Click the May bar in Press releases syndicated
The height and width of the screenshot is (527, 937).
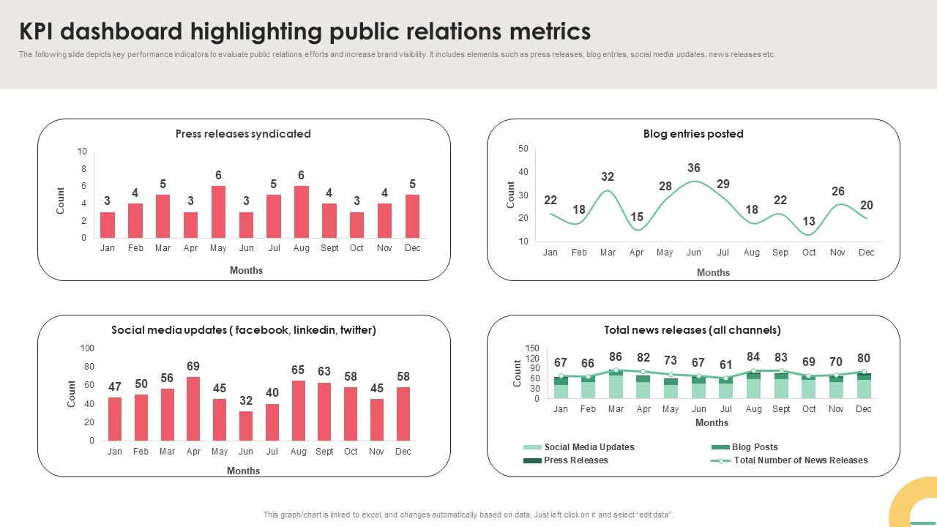pyautogui.click(x=218, y=212)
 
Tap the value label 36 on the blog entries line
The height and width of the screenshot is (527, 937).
pyautogui.click(x=694, y=168)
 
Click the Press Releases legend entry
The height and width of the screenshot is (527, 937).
pyautogui.click(x=575, y=460)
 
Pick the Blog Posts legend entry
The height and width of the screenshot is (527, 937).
pyautogui.click(x=754, y=447)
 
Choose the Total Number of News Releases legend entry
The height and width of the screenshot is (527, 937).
pyautogui.click(x=800, y=460)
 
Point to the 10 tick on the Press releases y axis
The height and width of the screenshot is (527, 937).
pyautogui.click(x=82, y=152)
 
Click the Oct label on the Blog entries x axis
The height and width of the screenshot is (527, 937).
pyautogui.click(x=809, y=253)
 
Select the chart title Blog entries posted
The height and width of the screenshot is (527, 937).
pyautogui.click(x=693, y=134)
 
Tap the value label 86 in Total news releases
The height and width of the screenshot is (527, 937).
pyautogui.click(x=616, y=357)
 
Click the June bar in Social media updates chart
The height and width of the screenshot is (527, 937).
pyautogui.click(x=246, y=426)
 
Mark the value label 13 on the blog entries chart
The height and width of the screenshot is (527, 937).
pyautogui.click(x=809, y=221)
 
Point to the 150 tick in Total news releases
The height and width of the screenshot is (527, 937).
pyautogui.click(x=532, y=348)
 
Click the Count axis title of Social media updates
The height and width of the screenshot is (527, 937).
pyautogui.click(x=72, y=394)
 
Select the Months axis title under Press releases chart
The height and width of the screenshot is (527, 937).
pyautogui.click(x=246, y=270)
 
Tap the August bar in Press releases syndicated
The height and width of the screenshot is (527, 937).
pyautogui.click(x=301, y=212)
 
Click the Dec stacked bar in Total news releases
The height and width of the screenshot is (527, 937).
pyautogui.click(x=864, y=386)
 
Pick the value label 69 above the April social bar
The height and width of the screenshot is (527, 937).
pyautogui.click(x=193, y=366)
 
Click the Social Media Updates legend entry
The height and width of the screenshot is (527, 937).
pyautogui.click(x=589, y=447)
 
